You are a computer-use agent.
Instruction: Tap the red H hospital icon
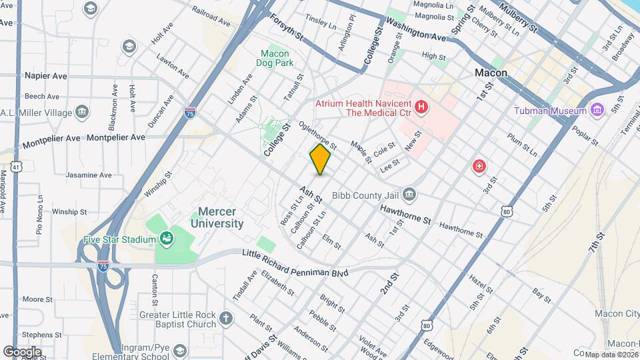[x=421, y=107]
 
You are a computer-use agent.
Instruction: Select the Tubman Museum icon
[x=597, y=110]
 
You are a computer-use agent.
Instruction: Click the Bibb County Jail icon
[x=409, y=194]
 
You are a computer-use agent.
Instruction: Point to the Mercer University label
[x=217, y=218]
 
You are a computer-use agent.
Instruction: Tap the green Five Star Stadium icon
[x=166, y=239]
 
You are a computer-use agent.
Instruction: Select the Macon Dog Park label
[x=275, y=59]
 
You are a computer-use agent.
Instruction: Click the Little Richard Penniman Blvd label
[x=295, y=254]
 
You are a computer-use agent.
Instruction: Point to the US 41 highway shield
[x=15, y=165]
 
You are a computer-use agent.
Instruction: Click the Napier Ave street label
[x=46, y=76]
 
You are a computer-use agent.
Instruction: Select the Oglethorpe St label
[x=319, y=131]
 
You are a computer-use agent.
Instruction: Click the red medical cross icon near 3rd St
[x=479, y=167]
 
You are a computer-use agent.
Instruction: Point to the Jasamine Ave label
[x=88, y=175]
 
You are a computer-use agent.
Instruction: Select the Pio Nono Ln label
[x=39, y=214]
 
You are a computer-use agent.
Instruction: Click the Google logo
[x=22, y=351]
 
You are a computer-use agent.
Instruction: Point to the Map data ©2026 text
[x=611, y=354]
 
